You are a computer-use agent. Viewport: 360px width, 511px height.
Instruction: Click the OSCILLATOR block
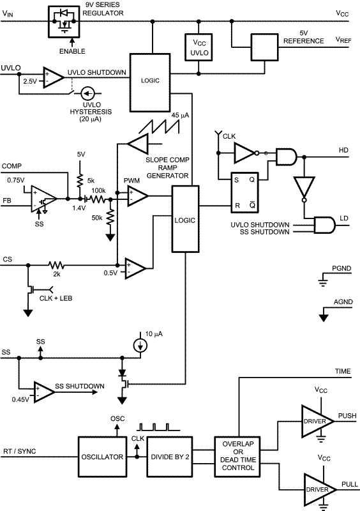103,457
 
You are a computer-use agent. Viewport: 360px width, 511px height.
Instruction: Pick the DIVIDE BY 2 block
171,457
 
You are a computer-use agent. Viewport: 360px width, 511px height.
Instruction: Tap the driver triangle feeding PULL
318,489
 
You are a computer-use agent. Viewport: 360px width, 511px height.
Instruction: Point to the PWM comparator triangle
136,195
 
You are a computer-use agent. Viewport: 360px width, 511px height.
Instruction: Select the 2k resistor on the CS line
56,264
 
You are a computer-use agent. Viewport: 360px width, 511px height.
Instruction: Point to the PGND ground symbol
324,278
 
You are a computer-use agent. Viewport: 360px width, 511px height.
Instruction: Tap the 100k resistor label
98,191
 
